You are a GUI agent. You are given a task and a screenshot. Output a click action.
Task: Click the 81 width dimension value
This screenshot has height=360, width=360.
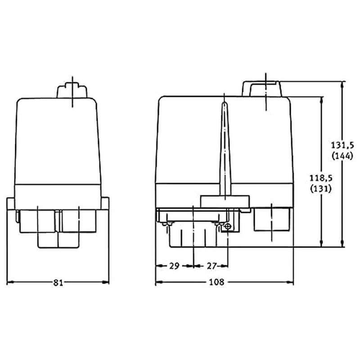click(x=58, y=283)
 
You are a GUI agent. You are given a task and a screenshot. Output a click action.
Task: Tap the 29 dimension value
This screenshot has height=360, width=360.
click(x=174, y=266)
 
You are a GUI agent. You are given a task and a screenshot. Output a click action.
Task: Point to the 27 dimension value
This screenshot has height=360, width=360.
click(x=212, y=266)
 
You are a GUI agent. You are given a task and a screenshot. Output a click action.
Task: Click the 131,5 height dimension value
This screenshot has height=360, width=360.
click(x=343, y=145)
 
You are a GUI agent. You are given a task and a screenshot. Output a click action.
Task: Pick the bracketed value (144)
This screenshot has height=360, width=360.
click(x=343, y=156)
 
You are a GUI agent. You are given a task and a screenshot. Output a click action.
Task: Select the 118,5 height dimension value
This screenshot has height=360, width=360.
click(x=321, y=178)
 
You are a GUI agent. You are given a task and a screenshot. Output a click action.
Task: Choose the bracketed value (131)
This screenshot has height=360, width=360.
click(x=321, y=189)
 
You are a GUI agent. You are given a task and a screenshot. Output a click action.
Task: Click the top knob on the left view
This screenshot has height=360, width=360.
click(x=72, y=90)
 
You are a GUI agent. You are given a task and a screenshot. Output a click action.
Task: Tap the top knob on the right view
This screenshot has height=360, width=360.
click(x=262, y=89)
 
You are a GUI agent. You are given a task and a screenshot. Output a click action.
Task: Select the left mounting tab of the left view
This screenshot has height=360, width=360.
click(x=10, y=205)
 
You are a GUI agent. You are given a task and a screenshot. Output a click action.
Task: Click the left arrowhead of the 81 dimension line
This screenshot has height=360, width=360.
click(x=9, y=283)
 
